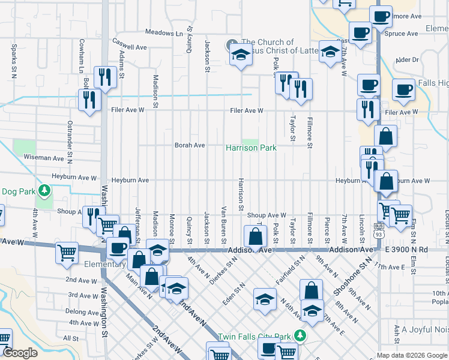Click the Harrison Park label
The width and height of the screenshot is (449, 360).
(250, 148)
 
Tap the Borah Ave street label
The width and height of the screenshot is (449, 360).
(190, 145)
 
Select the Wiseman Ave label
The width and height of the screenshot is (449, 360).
(43, 158)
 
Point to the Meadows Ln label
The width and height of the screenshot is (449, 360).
(163, 33)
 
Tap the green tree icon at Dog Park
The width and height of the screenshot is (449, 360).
(44, 191)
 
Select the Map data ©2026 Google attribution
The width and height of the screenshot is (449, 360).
(412, 355)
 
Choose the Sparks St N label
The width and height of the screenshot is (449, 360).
(13, 61)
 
